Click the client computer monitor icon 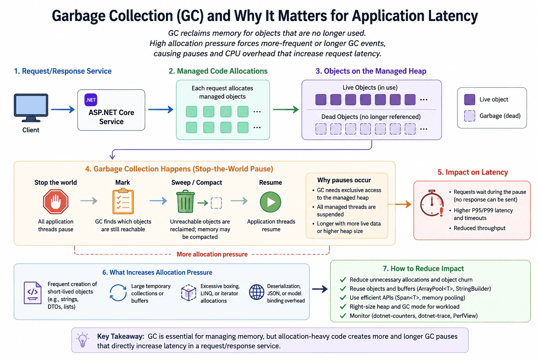[31, 108]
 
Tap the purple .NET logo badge [91, 100]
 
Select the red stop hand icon [56, 201]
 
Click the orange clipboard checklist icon [123, 201]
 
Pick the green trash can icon [185, 201]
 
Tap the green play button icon [270, 202]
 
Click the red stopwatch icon [432, 203]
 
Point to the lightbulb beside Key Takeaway [83, 340]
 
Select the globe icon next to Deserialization [257, 292]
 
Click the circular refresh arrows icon [118, 292]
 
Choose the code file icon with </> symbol [33, 293]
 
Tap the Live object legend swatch [470, 99]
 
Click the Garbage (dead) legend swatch [470, 116]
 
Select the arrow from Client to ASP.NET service [63, 109]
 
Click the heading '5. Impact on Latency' [472, 172]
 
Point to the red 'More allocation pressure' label [212, 254]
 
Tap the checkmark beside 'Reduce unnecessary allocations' [343, 280]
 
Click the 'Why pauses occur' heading [344, 180]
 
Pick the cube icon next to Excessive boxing [188, 292]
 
